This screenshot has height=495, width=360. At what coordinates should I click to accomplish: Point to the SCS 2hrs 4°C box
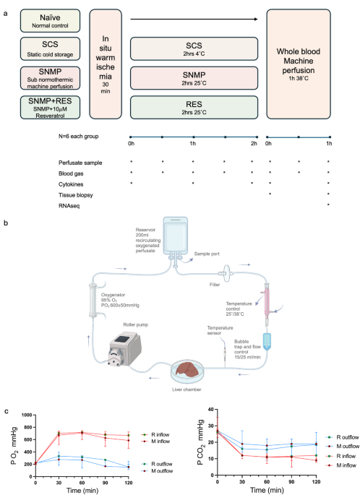click(194, 48)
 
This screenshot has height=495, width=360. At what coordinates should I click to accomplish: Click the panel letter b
click(6, 224)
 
